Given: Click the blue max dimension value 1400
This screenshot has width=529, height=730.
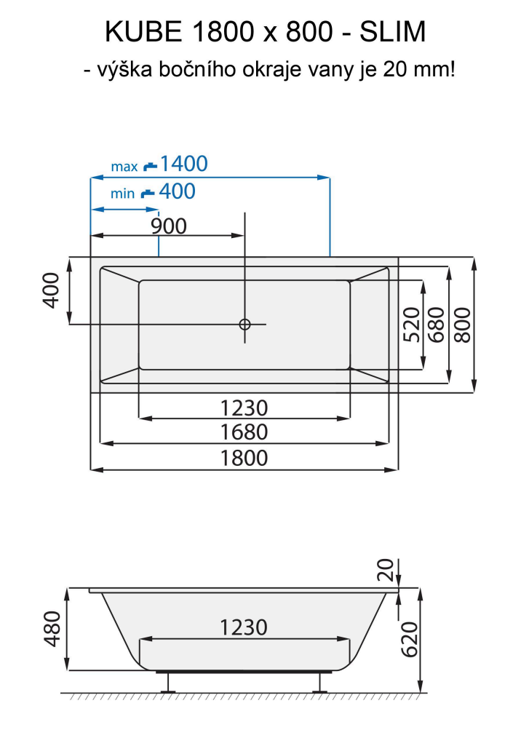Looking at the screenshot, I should click(183, 164).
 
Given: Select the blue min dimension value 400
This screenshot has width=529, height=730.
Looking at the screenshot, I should click(177, 191).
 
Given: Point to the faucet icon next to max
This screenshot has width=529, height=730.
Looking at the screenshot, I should click(150, 166).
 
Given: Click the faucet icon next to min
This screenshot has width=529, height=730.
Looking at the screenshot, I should click(148, 194).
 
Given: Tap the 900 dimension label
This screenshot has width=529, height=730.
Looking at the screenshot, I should click(169, 226).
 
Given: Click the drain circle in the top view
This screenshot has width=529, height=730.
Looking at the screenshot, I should click(244, 324).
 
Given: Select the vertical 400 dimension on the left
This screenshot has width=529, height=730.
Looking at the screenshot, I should click(51, 290).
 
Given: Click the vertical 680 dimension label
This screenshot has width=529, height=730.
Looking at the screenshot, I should click(437, 325).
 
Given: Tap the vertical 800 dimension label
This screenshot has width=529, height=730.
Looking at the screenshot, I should click(463, 325).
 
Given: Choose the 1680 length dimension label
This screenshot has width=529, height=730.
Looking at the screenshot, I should click(244, 432).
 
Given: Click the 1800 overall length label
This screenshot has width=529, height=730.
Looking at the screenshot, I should click(244, 458).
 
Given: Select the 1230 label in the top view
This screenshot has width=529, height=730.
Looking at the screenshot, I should click(244, 408).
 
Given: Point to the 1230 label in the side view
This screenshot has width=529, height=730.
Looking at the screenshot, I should click(244, 627).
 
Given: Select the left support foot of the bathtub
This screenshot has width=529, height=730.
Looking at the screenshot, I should click(170, 681).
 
